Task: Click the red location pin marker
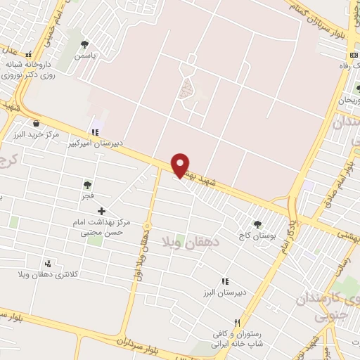tap(181, 165)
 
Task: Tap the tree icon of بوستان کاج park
tap(256, 205)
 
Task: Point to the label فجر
tap(87, 198)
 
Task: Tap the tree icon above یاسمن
tap(85, 45)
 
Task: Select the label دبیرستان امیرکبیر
tap(94, 143)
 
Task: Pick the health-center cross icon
tap(101, 211)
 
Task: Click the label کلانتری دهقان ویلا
tap(48, 274)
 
